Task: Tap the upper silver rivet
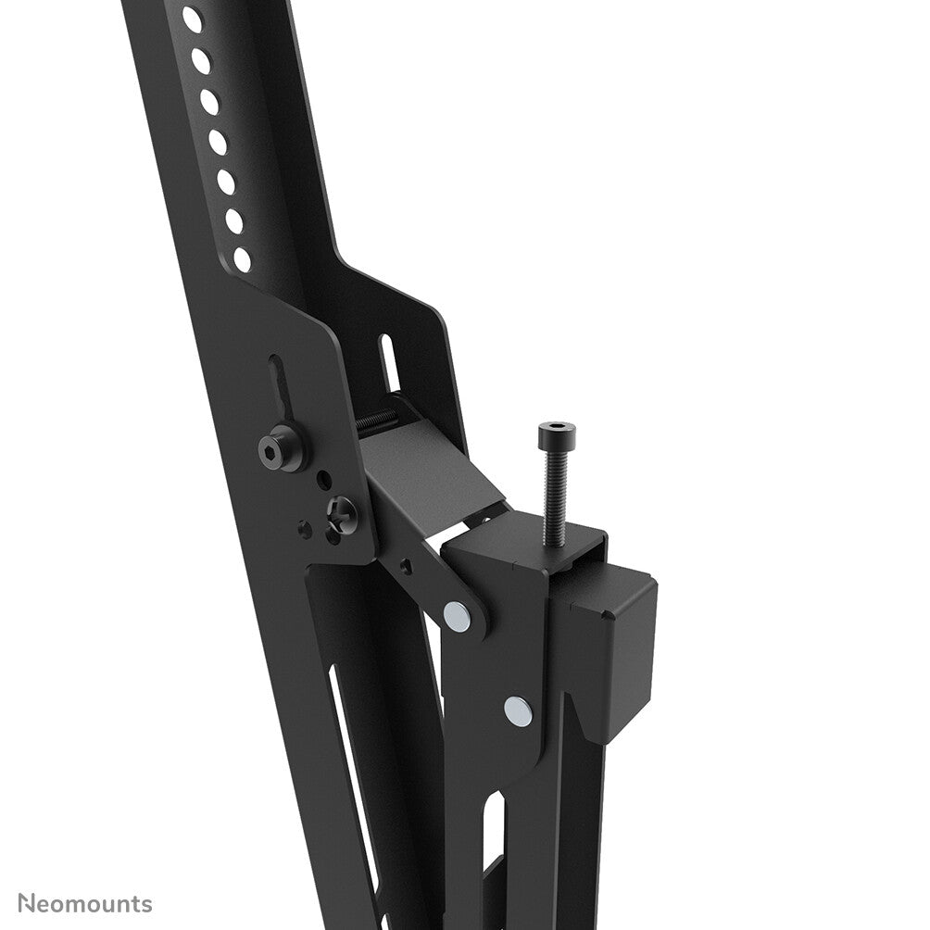click(456, 613)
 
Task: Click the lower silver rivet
click(519, 710)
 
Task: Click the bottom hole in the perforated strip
click(243, 258)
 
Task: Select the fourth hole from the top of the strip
click(218, 141)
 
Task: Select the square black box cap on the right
click(621, 652)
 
